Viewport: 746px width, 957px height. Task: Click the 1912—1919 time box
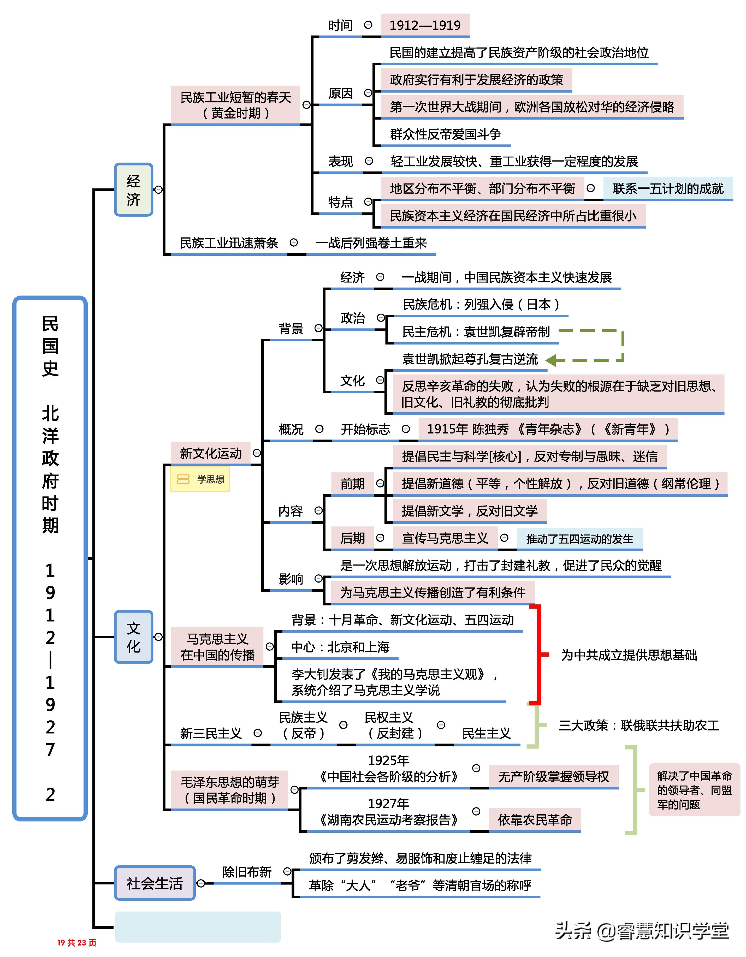click(425, 25)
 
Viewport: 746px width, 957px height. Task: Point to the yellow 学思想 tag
click(200, 479)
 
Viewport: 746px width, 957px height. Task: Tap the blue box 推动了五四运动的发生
click(579, 539)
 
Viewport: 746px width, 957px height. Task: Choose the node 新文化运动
click(211, 453)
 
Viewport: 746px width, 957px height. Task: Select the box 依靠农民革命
click(535, 819)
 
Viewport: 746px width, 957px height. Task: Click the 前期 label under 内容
click(352, 484)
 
